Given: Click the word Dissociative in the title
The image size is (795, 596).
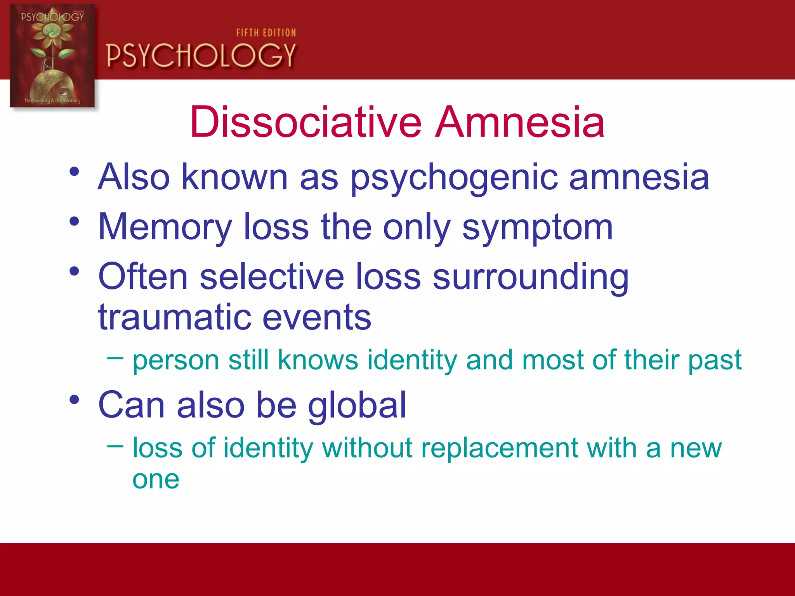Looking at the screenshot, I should [306, 122].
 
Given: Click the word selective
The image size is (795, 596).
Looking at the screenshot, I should [272, 276].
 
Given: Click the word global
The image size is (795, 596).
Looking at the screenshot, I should [357, 405].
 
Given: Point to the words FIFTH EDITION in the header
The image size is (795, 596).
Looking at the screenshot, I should [266, 33].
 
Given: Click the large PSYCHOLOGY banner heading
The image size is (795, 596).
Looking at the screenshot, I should [201, 55].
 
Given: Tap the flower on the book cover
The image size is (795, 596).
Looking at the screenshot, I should [53, 33].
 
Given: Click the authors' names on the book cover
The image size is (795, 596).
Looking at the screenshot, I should [52, 100].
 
